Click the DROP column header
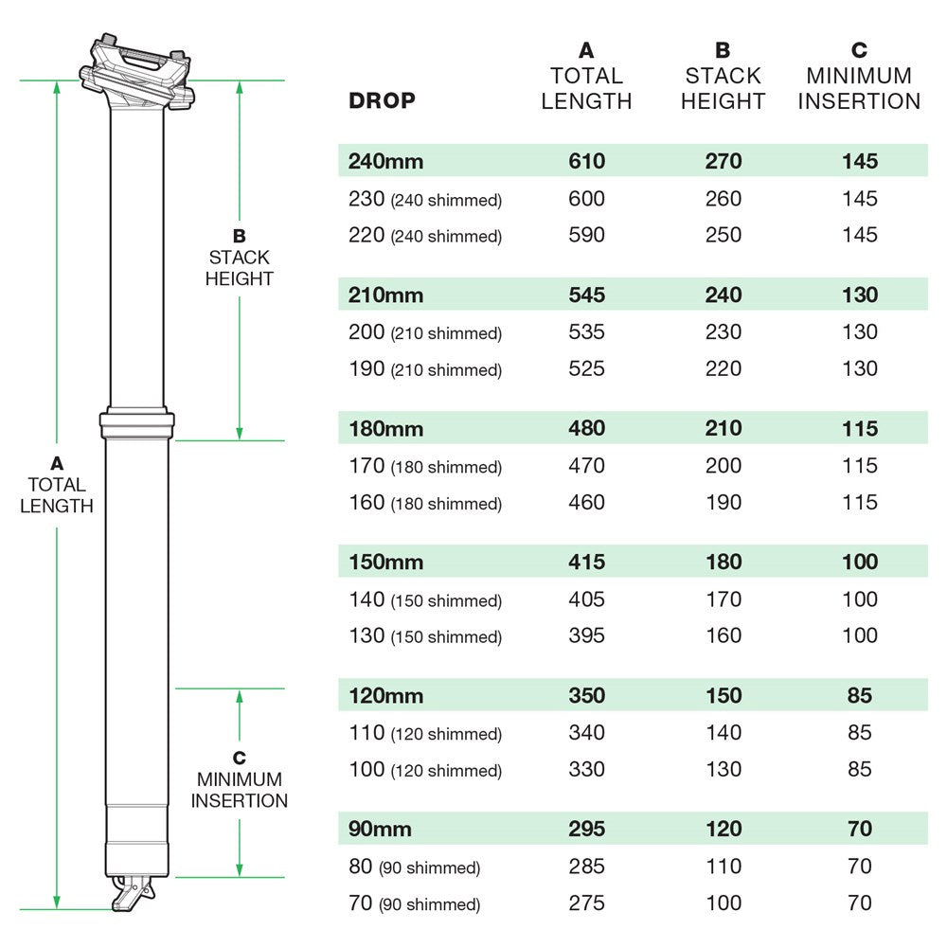382,100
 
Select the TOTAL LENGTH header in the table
586,88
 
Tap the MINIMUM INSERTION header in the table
859,88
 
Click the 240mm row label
385,161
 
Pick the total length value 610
586,161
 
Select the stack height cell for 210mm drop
724,295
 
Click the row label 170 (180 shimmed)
425,466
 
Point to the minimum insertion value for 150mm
860,562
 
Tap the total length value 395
586,635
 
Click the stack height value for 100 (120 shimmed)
724,769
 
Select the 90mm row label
380,829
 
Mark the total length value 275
586,902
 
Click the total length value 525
586,368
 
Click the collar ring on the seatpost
137,424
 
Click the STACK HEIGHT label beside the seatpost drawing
240,267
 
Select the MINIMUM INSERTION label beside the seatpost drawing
240,790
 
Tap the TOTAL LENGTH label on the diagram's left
57,494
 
